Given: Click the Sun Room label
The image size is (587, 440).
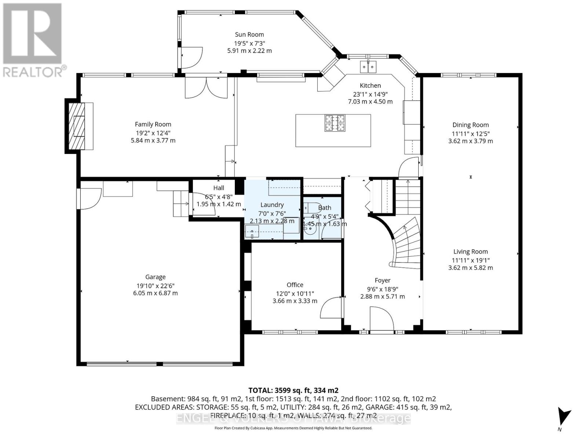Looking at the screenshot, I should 249,34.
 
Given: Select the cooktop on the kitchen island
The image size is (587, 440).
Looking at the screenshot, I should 335,123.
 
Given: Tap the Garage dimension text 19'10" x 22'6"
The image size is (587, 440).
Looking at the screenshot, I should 155,285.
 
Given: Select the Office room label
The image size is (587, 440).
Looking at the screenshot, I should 295,285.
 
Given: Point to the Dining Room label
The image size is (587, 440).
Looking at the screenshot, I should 470,125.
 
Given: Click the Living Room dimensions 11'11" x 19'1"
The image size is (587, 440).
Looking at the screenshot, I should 470,260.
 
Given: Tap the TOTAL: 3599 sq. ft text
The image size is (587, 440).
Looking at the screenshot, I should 293,390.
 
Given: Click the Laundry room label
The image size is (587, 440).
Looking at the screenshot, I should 272,205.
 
